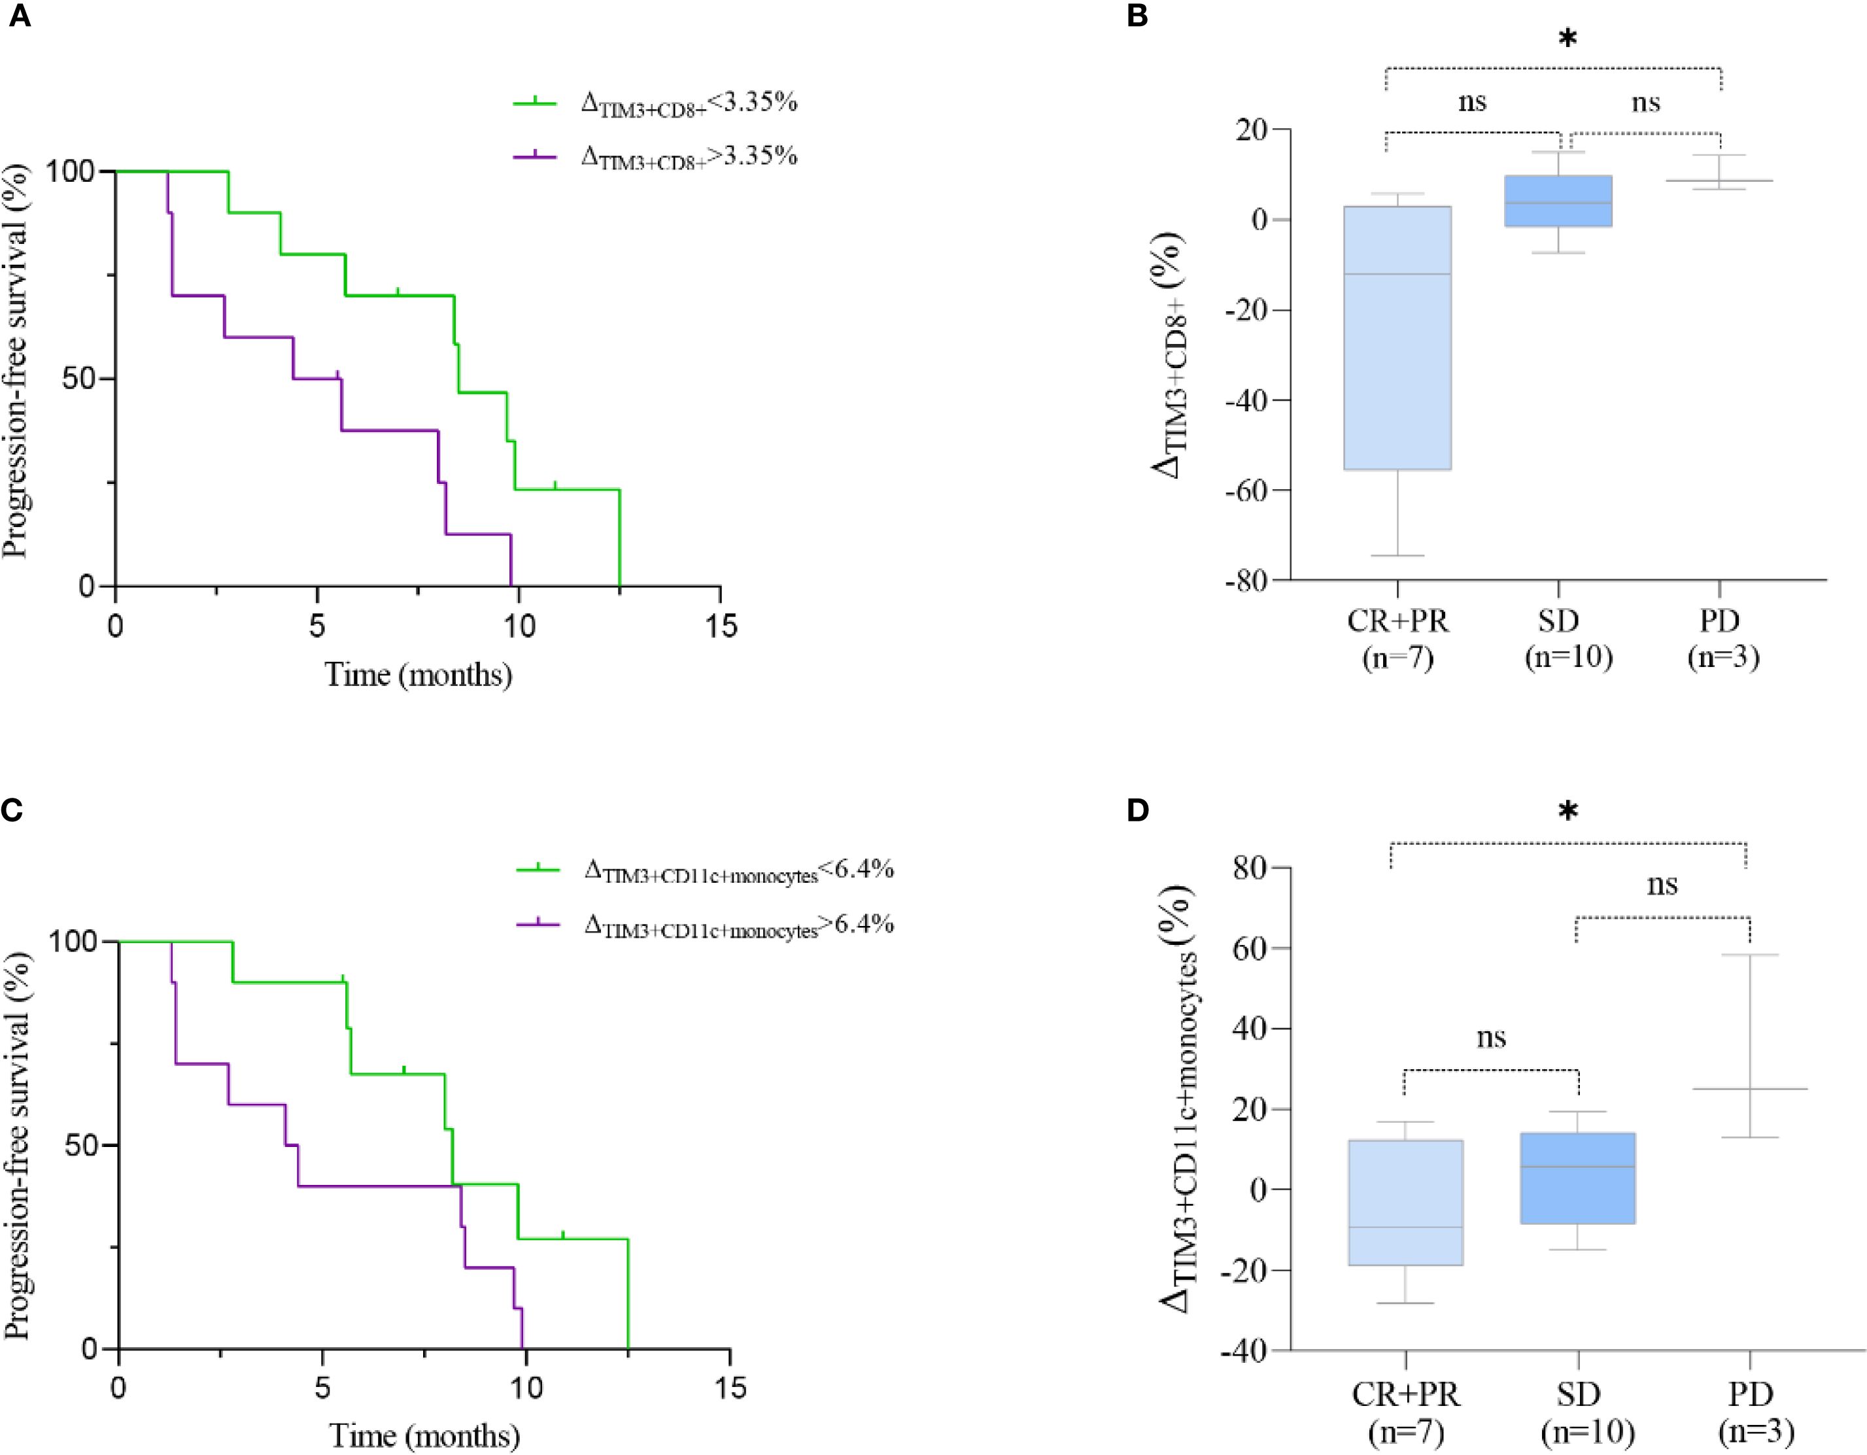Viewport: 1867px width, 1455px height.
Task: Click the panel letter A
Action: (19, 17)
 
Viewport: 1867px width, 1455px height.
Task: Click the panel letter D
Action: (1138, 810)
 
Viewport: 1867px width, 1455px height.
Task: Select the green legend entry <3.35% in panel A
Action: (655, 103)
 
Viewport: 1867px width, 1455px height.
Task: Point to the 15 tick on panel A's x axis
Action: (721, 626)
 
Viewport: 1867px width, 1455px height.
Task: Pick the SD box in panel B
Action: (1558, 201)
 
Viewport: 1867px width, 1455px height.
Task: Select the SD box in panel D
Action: (1577, 1178)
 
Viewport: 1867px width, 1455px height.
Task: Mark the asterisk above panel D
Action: (1567, 812)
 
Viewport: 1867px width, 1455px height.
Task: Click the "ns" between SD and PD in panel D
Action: (1662, 885)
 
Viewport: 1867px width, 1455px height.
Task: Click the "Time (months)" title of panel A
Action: (418, 676)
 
